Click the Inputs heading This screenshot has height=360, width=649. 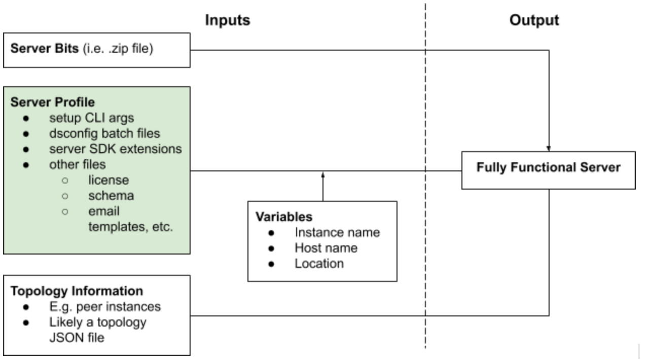tap(228, 20)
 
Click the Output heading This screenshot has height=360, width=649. tap(534, 20)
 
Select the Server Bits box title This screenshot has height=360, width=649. tap(45, 50)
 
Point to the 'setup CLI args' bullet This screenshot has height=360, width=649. tap(92, 119)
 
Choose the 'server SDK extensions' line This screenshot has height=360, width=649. tap(115, 149)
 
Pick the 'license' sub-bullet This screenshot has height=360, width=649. tap(109, 180)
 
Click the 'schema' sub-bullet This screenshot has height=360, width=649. tap(111, 195)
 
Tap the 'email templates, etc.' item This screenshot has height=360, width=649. tap(130, 219)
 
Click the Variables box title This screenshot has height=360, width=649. tap(283, 217)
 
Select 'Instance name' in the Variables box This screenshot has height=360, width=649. tap(337, 232)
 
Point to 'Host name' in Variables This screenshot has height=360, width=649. tap(326, 248)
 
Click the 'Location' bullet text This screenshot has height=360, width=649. tap(319, 264)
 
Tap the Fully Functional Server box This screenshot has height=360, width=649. tap(548, 168)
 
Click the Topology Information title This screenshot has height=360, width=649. tap(77, 291)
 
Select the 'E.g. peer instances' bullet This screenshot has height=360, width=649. tap(104, 307)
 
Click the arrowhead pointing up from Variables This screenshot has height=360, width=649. tap(322, 175)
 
